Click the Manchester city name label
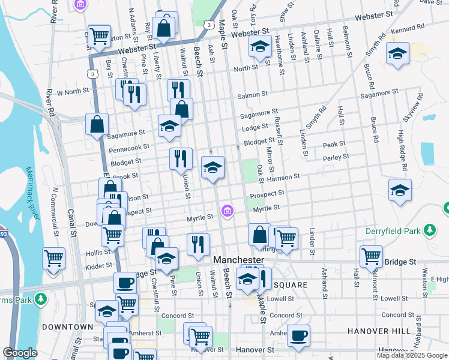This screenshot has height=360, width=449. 239,260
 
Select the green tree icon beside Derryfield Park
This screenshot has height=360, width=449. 430,230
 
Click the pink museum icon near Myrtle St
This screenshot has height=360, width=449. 226,211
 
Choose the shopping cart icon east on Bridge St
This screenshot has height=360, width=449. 371,256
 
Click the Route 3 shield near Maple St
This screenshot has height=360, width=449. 208,25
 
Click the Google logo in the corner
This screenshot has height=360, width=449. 20,353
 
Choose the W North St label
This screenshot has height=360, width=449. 73,92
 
